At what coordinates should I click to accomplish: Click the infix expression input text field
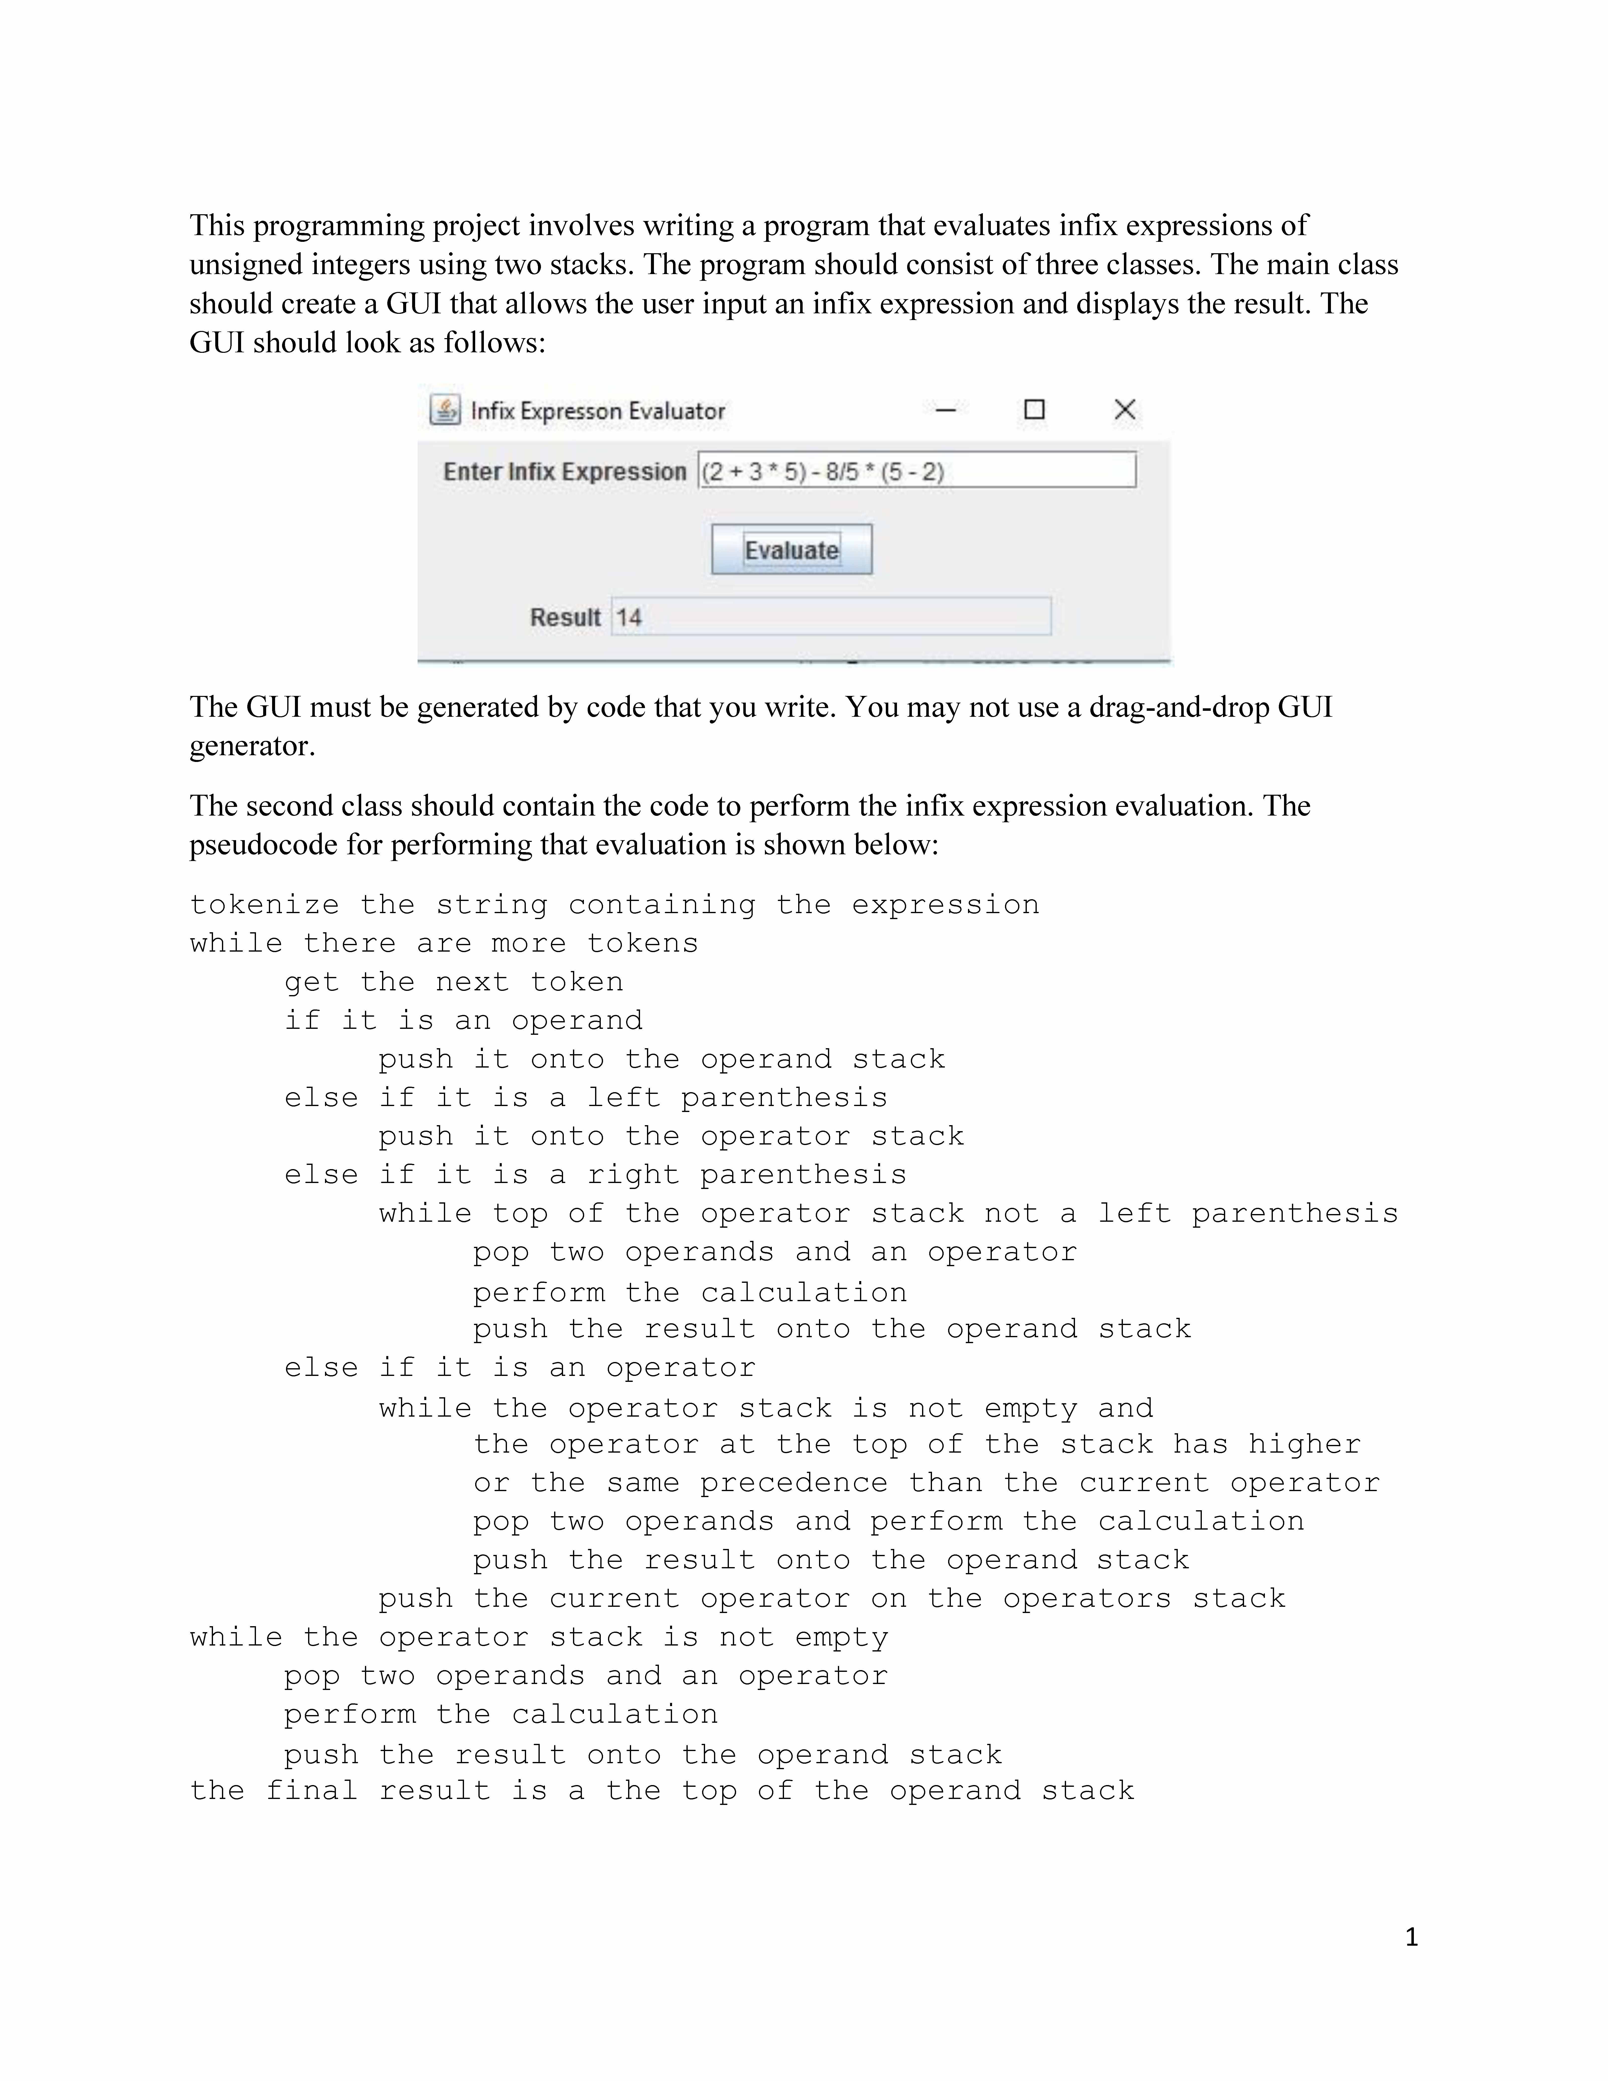click(x=916, y=471)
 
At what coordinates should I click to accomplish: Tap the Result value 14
click(x=629, y=617)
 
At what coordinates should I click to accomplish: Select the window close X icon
click(x=1124, y=410)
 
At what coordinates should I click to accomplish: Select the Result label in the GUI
click(x=565, y=617)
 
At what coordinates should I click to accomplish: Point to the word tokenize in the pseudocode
click(x=264, y=904)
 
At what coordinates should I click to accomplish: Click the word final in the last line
click(x=312, y=1790)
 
